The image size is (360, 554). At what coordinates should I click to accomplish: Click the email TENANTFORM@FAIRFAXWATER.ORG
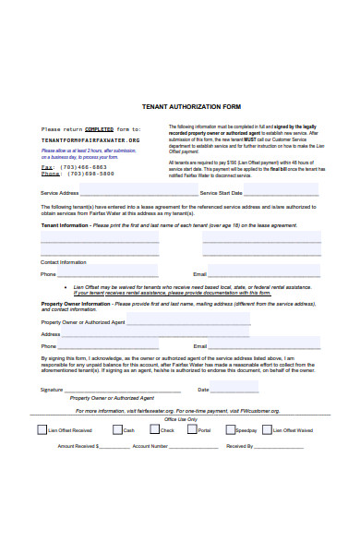tap(91, 139)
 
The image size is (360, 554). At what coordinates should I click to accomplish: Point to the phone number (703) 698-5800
tap(90, 174)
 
